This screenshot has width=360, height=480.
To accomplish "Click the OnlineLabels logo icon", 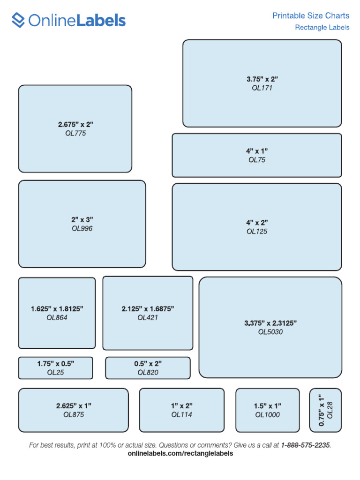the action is click(18, 20).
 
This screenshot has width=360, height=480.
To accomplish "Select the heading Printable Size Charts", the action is click(311, 16).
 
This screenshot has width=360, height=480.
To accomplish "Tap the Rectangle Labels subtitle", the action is click(322, 28).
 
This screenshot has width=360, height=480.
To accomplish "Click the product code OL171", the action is click(262, 88).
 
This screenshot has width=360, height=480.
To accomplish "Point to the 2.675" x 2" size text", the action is click(76, 124).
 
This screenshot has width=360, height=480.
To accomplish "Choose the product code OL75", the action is click(257, 160).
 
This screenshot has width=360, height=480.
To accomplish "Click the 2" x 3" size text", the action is click(82, 219).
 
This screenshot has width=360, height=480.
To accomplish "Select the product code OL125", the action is click(257, 232).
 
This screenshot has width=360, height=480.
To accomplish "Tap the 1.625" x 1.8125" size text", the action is click(57, 309).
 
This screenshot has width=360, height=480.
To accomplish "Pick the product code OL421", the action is click(148, 318).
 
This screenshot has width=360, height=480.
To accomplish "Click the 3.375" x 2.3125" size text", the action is click(270, 323).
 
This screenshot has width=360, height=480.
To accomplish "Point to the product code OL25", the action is click(55, 373).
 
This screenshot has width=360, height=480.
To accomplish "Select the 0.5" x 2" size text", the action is click(148, 363).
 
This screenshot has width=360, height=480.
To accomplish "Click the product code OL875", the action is click(74, 415).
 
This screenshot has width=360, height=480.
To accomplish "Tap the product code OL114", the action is click(181, 415).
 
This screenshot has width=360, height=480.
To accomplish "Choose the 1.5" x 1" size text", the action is click(268, 406).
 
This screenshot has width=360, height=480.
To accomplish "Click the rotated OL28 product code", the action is click(330, 410).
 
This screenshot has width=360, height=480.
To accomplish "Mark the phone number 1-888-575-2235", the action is click(306, 445).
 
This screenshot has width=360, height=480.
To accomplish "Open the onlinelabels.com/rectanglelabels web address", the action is click(180, 454).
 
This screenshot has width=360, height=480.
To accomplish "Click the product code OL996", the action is click(82, 229).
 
